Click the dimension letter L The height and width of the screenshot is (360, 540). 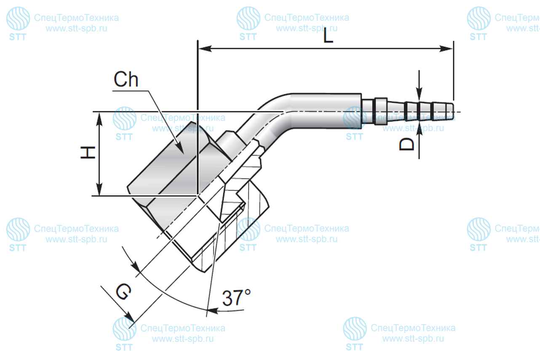tap(328, 36)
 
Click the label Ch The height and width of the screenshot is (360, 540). tap(126, 79)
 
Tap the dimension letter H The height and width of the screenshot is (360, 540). tap(88, 152)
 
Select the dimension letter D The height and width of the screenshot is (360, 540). tap(407, 144)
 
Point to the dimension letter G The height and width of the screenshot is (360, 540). tap(124, 291)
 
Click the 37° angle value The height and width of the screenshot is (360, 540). tap(236, 298)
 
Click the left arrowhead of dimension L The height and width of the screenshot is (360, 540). tap(205, 48)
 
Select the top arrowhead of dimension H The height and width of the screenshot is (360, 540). tap(99, 119)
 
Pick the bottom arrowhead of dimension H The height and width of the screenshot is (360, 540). tap(99, 189)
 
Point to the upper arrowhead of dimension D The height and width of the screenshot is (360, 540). tap(419, 94)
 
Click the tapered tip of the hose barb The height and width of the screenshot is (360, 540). tap(449, 112)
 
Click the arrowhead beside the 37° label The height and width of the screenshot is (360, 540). tap(213, 311)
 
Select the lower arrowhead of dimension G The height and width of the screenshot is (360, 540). tap(129, 317)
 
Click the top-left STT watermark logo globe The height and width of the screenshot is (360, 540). tap(18, 19)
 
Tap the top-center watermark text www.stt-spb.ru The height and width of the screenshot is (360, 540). tap(307, 29)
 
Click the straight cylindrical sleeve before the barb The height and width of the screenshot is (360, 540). tap(326, 111)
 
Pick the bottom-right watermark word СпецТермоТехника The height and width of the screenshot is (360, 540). tap(413, 328)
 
